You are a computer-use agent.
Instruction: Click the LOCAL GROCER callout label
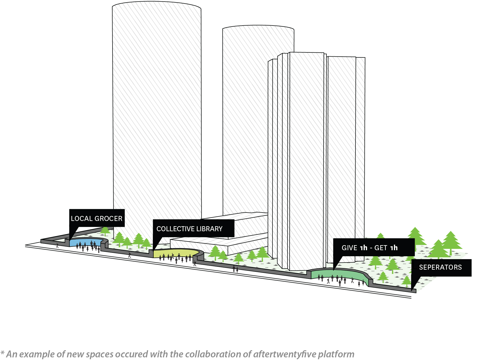[97, 218]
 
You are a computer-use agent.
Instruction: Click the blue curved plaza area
[86, 242]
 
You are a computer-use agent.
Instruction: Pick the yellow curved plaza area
[175, 253]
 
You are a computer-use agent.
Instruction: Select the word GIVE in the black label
[349, 248]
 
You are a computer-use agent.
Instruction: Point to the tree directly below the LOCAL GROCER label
[105, 231]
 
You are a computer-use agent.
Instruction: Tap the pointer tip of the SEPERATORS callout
[412, 290]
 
